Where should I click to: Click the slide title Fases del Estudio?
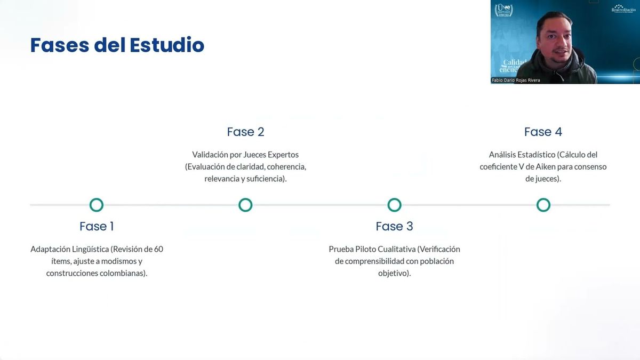pyautogui.click(x=117, y=45)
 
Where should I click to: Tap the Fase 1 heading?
pyautogui.click(x=97, y=226)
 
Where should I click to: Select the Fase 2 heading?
pyautogui.click(x=245, y=132)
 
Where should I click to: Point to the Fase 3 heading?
pyautogui.click(x=394, y=226)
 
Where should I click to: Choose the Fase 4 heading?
pyautogui.click(x=543, y=132)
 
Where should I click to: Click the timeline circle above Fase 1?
pyautogui.click(x=97, y=205)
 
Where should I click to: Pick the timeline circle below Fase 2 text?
pyautogui.click(x=245, y=205)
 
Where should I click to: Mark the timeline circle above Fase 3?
pyautogui.click(x=394, y=205)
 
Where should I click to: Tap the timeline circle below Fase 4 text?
pyautogui.click(x=543, y=205)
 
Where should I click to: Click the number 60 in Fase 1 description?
pyautogui.click(x=158, y=249)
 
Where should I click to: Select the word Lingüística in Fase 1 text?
pyautogui.click(x=89, y=249)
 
